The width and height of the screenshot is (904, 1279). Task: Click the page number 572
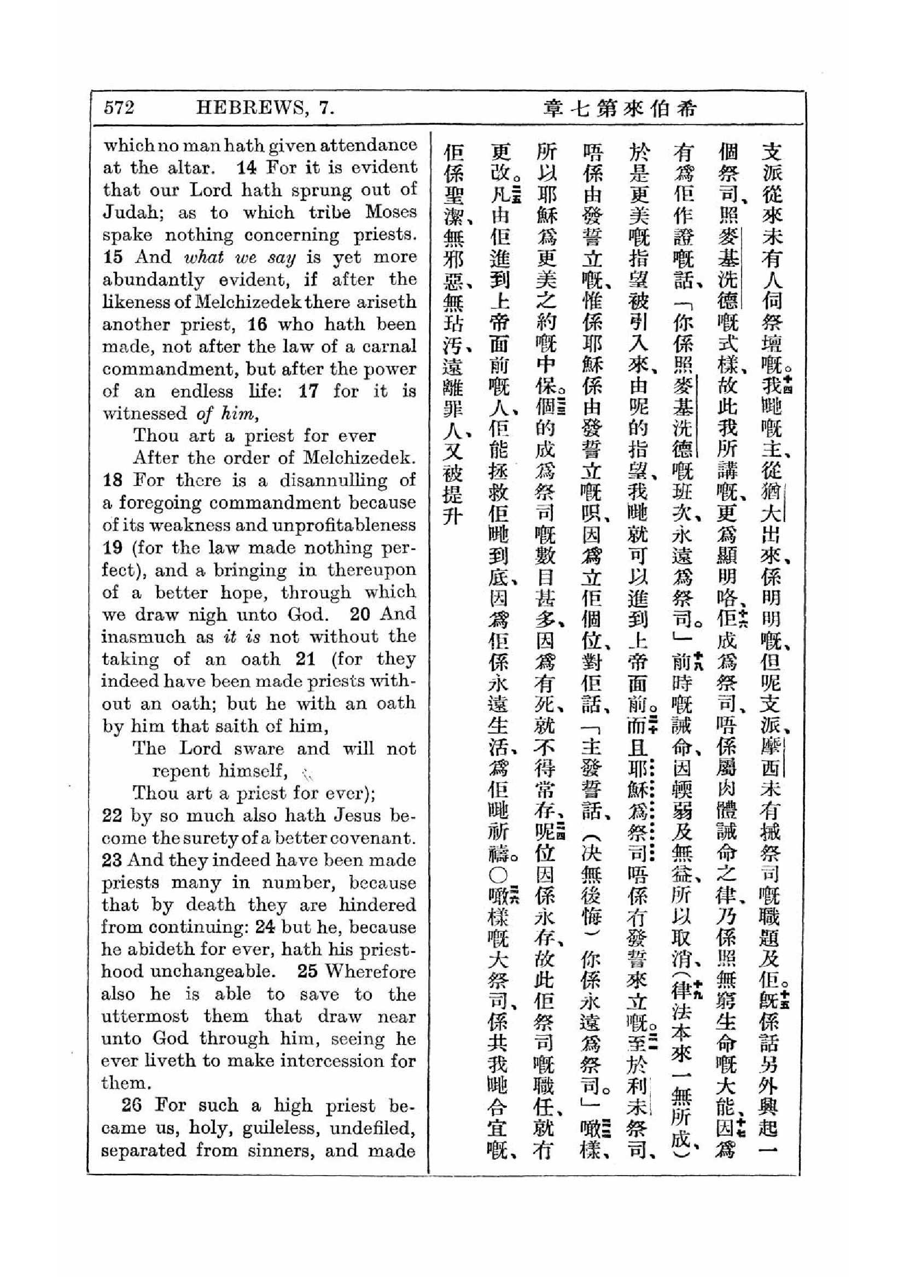[x=119, y=107]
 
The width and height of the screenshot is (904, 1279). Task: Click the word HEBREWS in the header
[x=252, y=107]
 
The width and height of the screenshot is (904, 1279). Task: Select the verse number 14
[x=247, y=167]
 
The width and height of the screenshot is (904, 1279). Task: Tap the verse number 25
[x=307, y=972]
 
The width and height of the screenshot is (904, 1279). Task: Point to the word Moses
[x=390, y=212]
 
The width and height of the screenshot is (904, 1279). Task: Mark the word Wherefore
[x=370, y=972]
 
